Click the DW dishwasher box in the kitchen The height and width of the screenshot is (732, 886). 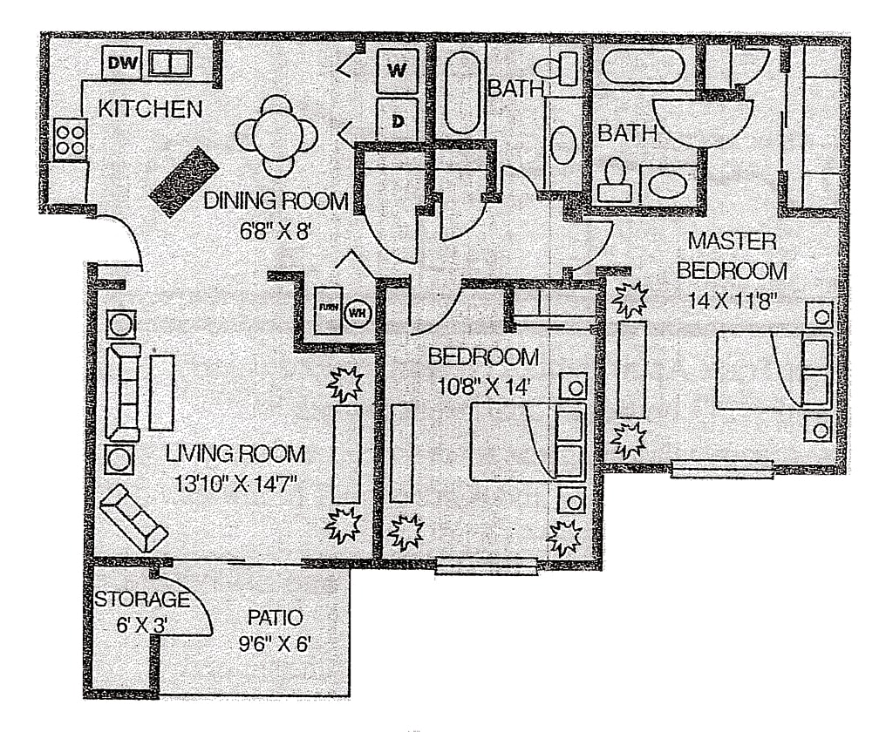click(122, 62)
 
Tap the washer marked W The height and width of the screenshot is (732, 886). click(397, 70)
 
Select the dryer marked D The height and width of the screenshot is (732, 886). click(397, 119)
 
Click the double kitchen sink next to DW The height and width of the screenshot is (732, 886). click(170, 63)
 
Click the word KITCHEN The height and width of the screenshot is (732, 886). click(150, 110)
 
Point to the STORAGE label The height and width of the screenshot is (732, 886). click(141, 600)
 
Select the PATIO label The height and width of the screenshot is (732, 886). click(275, 618)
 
